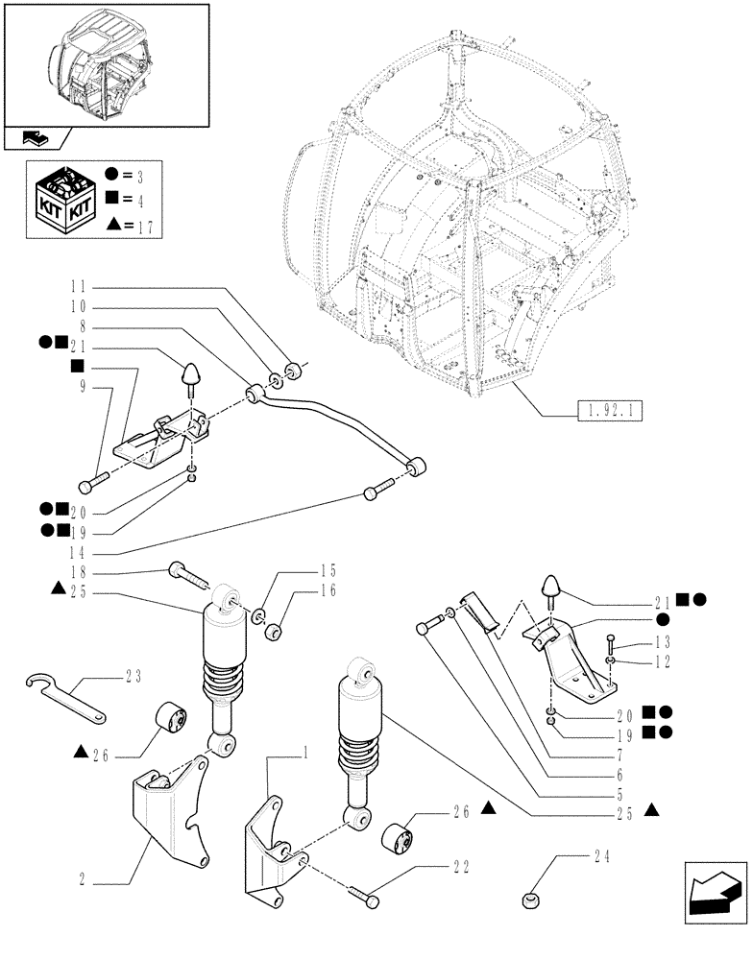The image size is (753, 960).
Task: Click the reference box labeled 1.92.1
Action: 609,414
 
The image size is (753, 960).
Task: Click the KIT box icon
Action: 63,199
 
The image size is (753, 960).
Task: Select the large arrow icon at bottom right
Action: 714,900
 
